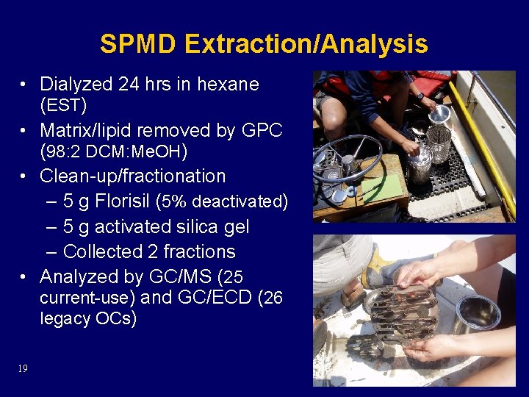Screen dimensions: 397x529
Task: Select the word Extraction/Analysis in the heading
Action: click(306, 45)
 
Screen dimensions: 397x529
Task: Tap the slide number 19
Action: click(23, 368)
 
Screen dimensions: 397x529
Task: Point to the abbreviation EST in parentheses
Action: click(64, 106)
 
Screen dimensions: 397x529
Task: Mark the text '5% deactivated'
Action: click(225, 201)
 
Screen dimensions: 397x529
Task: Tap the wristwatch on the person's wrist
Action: click(419, 96)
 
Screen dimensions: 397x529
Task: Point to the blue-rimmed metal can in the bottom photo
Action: click(478, 313)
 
